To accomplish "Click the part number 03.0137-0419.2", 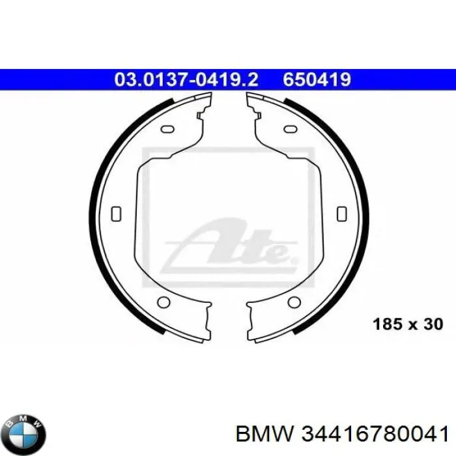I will click(186, 79).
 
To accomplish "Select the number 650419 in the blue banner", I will click(317, 79).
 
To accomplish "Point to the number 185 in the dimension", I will click(385, 324).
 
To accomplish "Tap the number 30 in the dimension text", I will click(432, 324).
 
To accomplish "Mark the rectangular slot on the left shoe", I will click(117, 213).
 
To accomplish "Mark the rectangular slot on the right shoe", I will click(340, 213).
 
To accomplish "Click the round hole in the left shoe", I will click(164, 302).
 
